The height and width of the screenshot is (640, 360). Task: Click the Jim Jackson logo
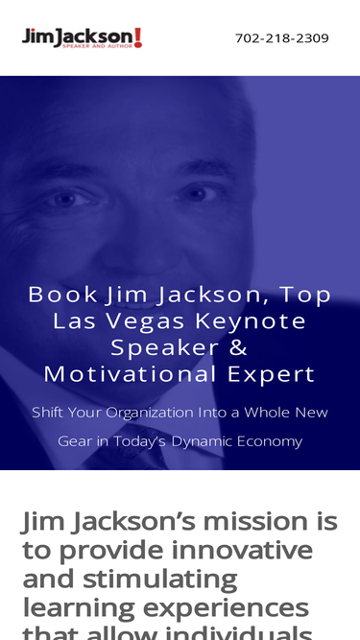pos(82,38)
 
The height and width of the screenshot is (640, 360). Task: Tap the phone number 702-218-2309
pos(282,38)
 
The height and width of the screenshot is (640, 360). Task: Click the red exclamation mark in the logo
pos(138,37)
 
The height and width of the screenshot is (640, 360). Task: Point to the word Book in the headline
pos(62,295)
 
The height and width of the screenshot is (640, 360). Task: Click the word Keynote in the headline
pos(251,321)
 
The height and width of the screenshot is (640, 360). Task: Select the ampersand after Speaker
pos(237,347)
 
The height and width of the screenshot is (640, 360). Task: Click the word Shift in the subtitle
pos(47,413)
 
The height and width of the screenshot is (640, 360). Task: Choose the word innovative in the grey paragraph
pos(242,550)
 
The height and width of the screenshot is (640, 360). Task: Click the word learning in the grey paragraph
pos(79,608)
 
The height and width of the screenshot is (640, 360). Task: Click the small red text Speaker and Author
pos(98,46)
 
